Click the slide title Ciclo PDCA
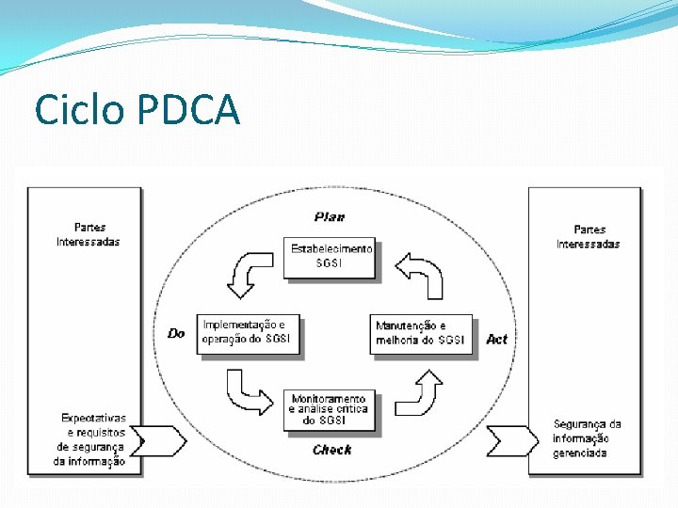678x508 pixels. tap(137, 109)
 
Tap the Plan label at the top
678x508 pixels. tap(330, 217)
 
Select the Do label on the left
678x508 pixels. tap(176, 333)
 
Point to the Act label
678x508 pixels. tap(496, 339)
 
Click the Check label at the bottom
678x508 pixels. tap(332, 450)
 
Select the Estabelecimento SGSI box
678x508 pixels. tap(330, 257)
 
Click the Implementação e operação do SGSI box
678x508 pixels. tap(249, 333)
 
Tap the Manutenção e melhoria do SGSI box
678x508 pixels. tap(420, 333)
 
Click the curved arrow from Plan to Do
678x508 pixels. tap(248, 273)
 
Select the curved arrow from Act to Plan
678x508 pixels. tap(420, 273)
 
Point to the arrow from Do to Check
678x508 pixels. tap(248, 392)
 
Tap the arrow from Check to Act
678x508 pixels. tap(420, 392)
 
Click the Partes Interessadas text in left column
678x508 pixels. tap(89, 234)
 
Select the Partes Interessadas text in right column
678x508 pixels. tap(589, 237)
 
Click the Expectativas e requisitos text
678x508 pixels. tap(91, 439)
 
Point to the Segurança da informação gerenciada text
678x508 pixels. tap(587, 438)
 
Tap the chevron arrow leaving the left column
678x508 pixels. tap(164, 440)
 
